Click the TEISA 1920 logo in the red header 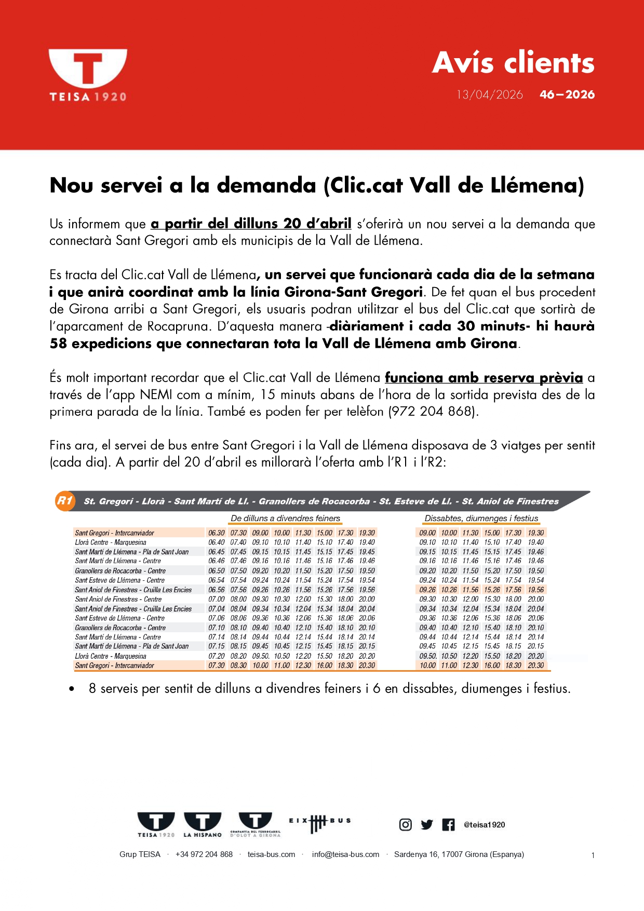click(88, 74)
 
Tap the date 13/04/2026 click(489, 94)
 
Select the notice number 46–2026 click(567, 94)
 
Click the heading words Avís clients click(513, 63)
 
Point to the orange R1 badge click(65, 501)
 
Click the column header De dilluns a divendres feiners click(285, 518)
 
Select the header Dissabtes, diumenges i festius click(481, 518)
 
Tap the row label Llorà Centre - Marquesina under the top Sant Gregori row click(111, 542)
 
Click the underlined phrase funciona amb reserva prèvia click(484, 377)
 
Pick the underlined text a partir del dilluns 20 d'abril click(251, 224)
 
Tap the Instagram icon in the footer click(406, 824)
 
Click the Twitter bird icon click(427, 824)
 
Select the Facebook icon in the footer click(448, 824)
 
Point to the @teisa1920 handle click(484, 824)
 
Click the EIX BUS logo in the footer click(319, 823)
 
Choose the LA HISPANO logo click(203, 824)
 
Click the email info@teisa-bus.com click(345, 854)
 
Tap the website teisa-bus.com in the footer click(271, 854)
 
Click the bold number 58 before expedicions click(59, 343)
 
